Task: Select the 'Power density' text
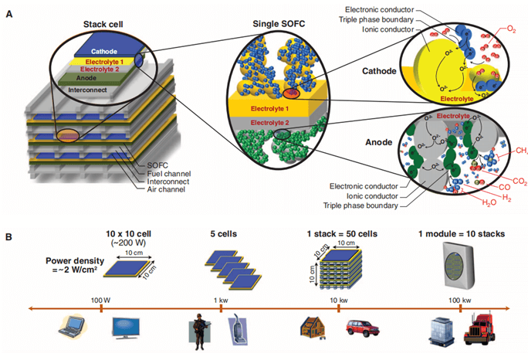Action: tap(69, 262)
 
